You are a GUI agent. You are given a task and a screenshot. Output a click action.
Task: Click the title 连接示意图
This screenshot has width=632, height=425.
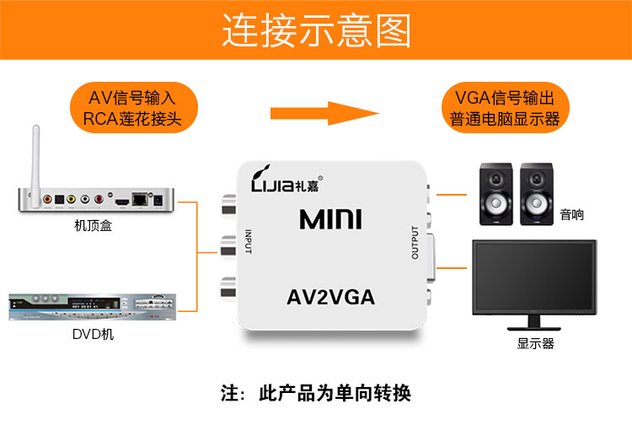coord(316,31)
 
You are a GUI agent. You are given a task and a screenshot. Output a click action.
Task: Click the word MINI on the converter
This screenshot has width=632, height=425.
coord(330,220)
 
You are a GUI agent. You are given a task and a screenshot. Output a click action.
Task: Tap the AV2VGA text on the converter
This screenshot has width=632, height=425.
coord(330,297)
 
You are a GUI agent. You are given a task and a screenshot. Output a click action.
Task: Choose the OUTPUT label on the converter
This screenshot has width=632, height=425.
coord(414,243)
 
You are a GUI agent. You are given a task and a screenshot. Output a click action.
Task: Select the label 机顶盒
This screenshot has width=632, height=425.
coord(92,227)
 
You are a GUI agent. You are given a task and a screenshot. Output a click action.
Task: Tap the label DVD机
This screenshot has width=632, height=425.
coord(93,335)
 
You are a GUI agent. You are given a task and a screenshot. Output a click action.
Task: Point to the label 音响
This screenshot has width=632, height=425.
coord(571,214)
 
